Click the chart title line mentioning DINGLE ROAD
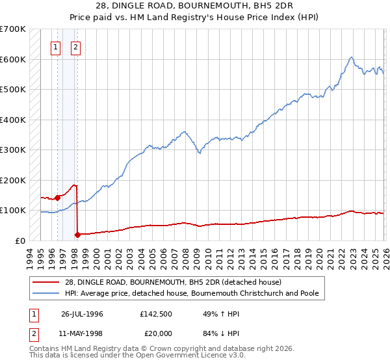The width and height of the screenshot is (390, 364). (194, 6)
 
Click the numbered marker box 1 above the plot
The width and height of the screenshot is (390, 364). (56, 46)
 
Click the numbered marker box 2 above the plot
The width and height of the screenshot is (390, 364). (76, 46)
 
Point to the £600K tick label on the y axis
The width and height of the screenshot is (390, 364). (13, 59)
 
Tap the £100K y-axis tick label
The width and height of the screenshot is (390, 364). (13, 211)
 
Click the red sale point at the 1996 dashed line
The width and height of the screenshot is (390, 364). (58, 198)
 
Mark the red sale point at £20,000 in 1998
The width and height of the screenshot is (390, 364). (78, 234)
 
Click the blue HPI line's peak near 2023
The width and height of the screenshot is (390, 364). (350, 57)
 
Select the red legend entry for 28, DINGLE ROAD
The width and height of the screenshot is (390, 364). (172, 282)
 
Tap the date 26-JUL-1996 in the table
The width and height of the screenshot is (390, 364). (82, 314)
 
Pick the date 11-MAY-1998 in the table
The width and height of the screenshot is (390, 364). (82, 335)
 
